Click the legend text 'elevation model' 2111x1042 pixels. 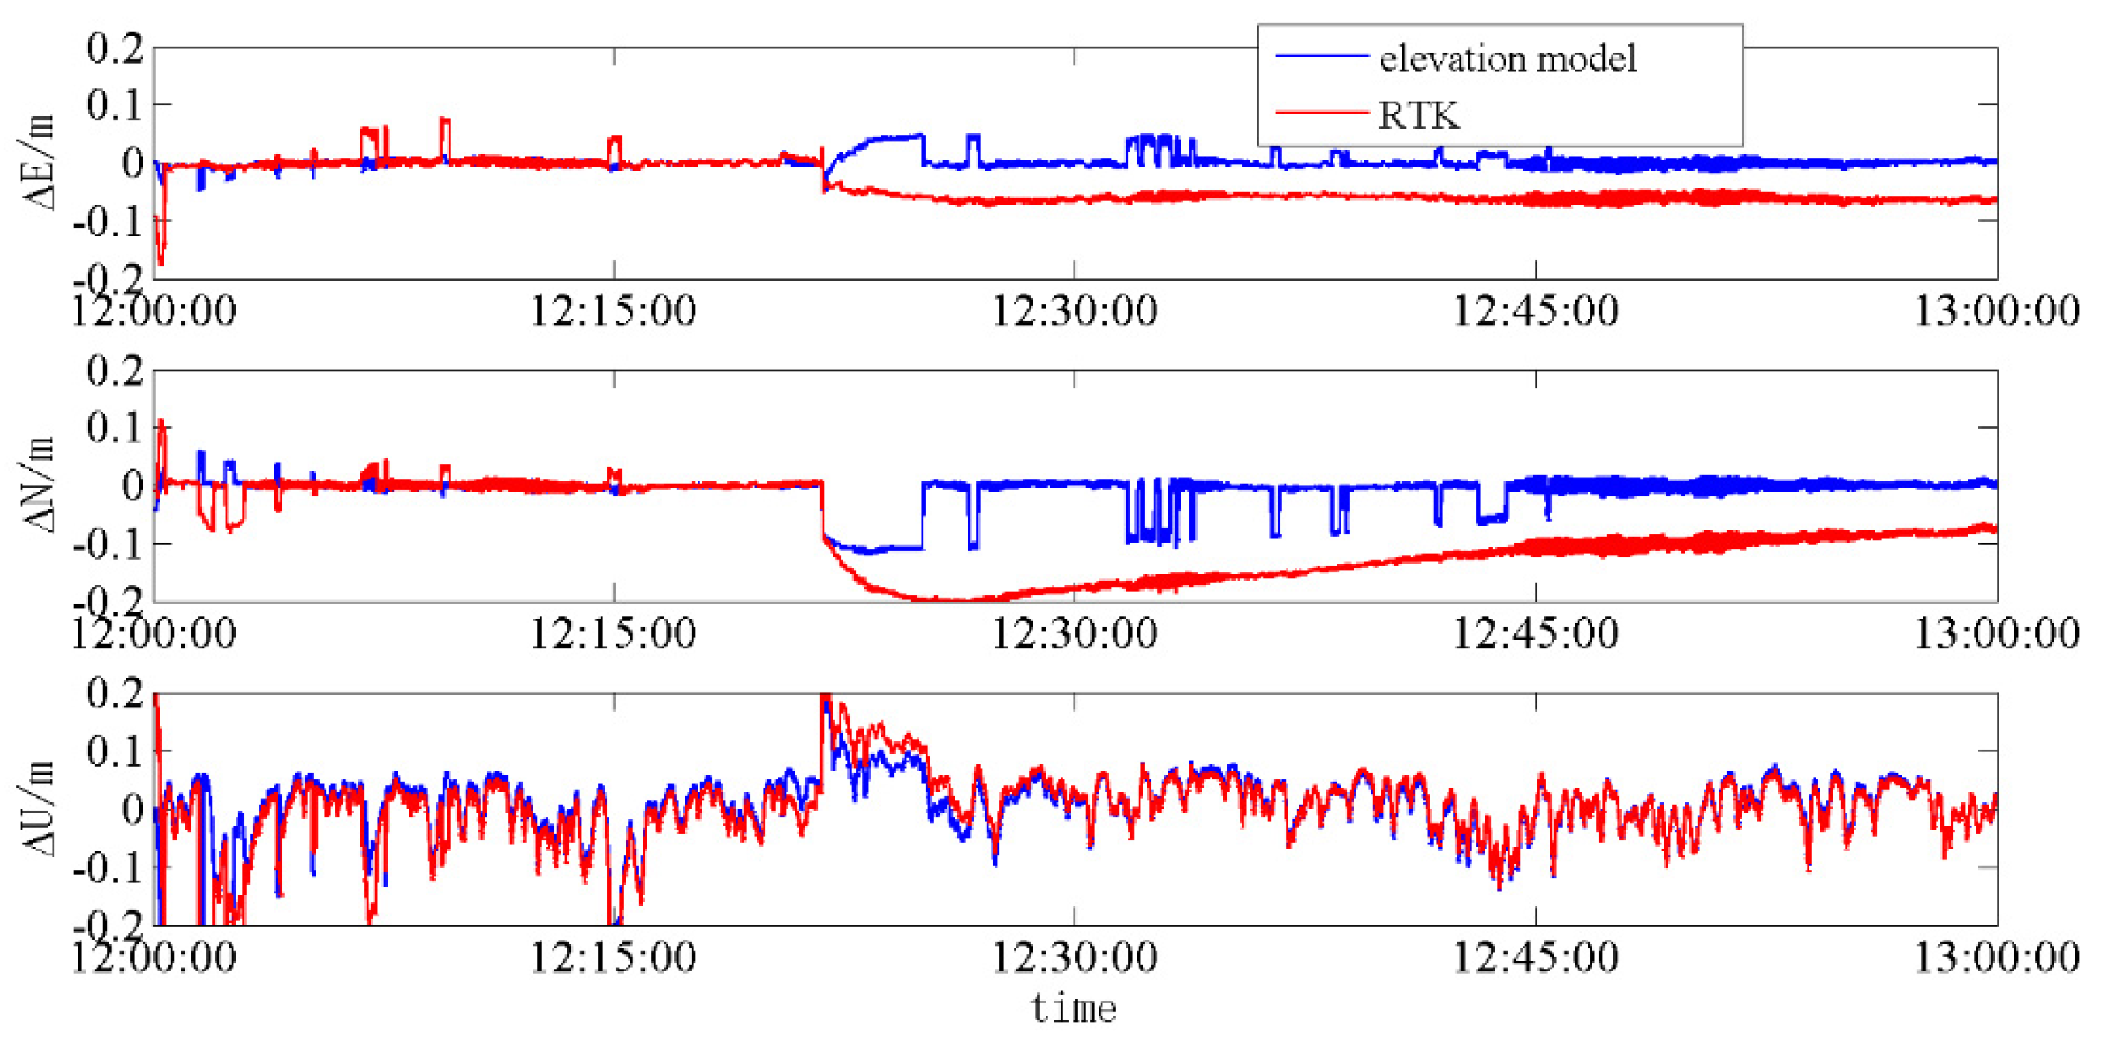click(x=1508, y=59)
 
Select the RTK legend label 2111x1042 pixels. click(x=1419, y=116)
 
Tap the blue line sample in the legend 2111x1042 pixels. click(x=1321, y=56)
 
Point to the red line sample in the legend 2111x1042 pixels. click(x=1321, y=112)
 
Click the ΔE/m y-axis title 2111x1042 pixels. click(x=38, y=162)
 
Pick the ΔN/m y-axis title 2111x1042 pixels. click(x=38, y=485)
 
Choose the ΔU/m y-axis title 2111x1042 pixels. click(x=38, y=809)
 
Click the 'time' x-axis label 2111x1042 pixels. click(x=1074, y=1009)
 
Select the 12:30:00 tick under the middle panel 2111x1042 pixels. click(x=1074, y=633)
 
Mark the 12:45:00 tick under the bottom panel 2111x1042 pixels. click(x=1536, y=957)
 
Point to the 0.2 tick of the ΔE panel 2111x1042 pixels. click(x=115, y=48)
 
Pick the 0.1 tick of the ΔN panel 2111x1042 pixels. click(x=115, y=428)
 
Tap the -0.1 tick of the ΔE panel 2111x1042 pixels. click(x=109, y=222)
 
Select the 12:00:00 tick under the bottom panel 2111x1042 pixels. click(x=153, y=957)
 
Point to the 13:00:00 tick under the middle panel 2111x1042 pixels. click(x=1996, y=633)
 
